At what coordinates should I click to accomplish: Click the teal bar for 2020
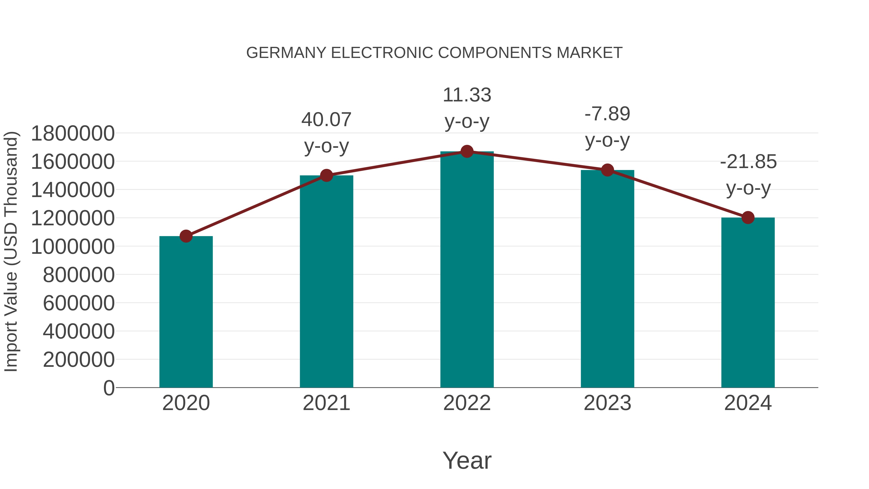[186, 312]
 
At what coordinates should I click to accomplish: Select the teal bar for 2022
[467, 270]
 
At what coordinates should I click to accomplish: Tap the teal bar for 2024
[748, 303]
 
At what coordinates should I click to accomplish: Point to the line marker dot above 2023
[608, 170]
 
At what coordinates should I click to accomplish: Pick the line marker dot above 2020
[186, 236]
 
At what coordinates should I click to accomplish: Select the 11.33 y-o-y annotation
[467, 108]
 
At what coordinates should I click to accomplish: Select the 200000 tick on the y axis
[79, 359]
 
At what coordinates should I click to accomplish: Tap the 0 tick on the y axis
[109, 388]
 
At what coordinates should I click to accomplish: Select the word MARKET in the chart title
[589, 53]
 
